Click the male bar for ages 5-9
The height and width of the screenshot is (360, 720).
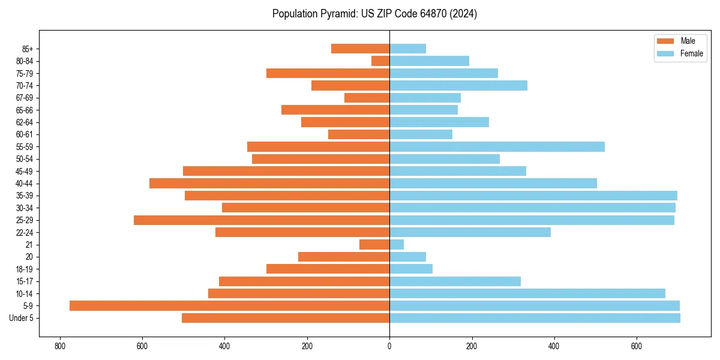coord(229,305)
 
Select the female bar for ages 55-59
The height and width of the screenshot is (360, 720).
coord(497,146)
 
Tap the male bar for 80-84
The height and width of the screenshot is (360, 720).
coord(380,61)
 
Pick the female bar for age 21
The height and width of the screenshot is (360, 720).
coord(397,244)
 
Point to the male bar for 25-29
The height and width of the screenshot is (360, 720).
coord(262,220)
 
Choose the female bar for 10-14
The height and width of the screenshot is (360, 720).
coord(527,293)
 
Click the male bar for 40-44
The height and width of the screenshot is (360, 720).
coord(269,183)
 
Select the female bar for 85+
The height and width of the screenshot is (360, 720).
coord(407,49)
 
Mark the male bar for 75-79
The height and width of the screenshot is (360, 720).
coord(328,73)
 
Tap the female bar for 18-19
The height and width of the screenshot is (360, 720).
coord(411,269)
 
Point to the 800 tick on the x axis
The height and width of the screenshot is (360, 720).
coord(60,346)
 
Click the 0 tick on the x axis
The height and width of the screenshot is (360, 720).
coord(389,346)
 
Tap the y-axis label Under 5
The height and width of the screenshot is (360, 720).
coord(21,318)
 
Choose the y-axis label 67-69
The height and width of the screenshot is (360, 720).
coord(25,98)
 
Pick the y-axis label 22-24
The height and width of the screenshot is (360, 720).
coord(25,232)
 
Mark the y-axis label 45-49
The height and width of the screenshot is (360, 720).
coord(25,171)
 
